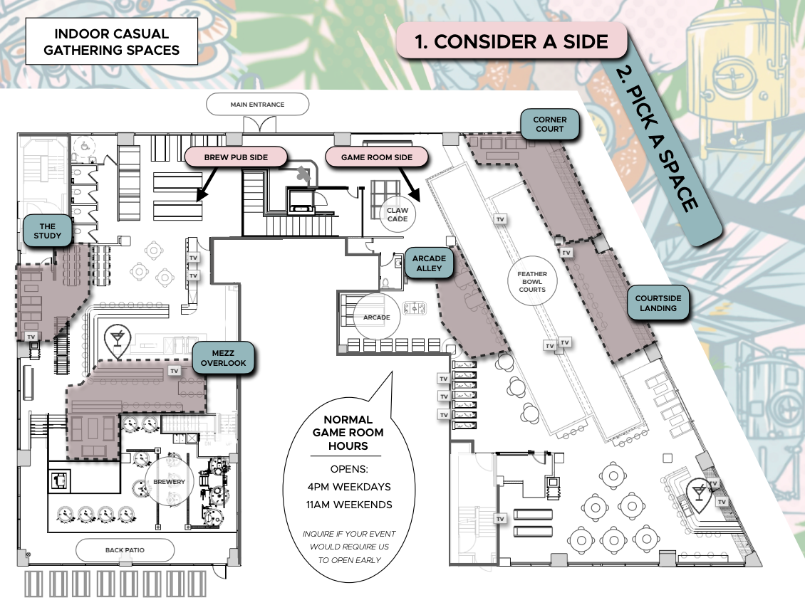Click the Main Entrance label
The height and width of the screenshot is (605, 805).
[x=256, y=105]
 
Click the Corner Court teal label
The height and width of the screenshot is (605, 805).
[x=549, y=124]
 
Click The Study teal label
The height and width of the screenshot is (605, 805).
[x=48, y=231]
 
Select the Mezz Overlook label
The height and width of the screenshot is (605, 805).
[x=223, y=358]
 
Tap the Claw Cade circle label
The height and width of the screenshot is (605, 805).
[x=397, y=215]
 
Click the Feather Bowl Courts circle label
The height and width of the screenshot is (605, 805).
[x=532, y=281]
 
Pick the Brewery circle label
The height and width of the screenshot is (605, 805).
[x=170, y=482]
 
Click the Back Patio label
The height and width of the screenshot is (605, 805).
[x=125, y=550]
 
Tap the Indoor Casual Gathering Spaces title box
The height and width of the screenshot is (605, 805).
[x=111, y=42]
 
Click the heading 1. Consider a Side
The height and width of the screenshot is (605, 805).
[x=511, y=41]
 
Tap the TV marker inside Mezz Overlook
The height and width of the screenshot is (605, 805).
[x=175, y=371]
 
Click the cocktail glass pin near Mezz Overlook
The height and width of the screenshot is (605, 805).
[x=115, y=341]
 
